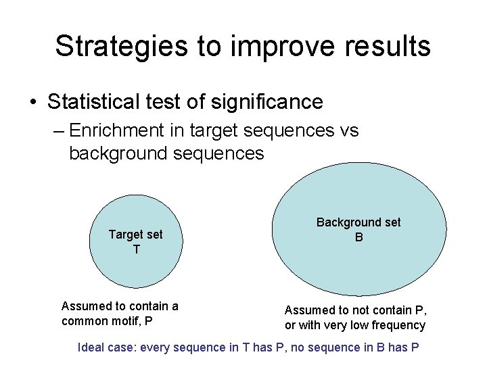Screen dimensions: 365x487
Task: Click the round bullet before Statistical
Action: click(x=33, y=103)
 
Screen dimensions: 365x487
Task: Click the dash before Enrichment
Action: click(x=57, y=130)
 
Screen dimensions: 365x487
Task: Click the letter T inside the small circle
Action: click(x=136, y=249)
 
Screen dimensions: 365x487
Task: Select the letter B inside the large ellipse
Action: click(x=359, y=237)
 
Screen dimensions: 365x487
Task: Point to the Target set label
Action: click(x=136, y=235)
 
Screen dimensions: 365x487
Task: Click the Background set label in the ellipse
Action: click(x=358, y=222)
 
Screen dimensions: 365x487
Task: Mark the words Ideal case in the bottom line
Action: click(x=108, y=348)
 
